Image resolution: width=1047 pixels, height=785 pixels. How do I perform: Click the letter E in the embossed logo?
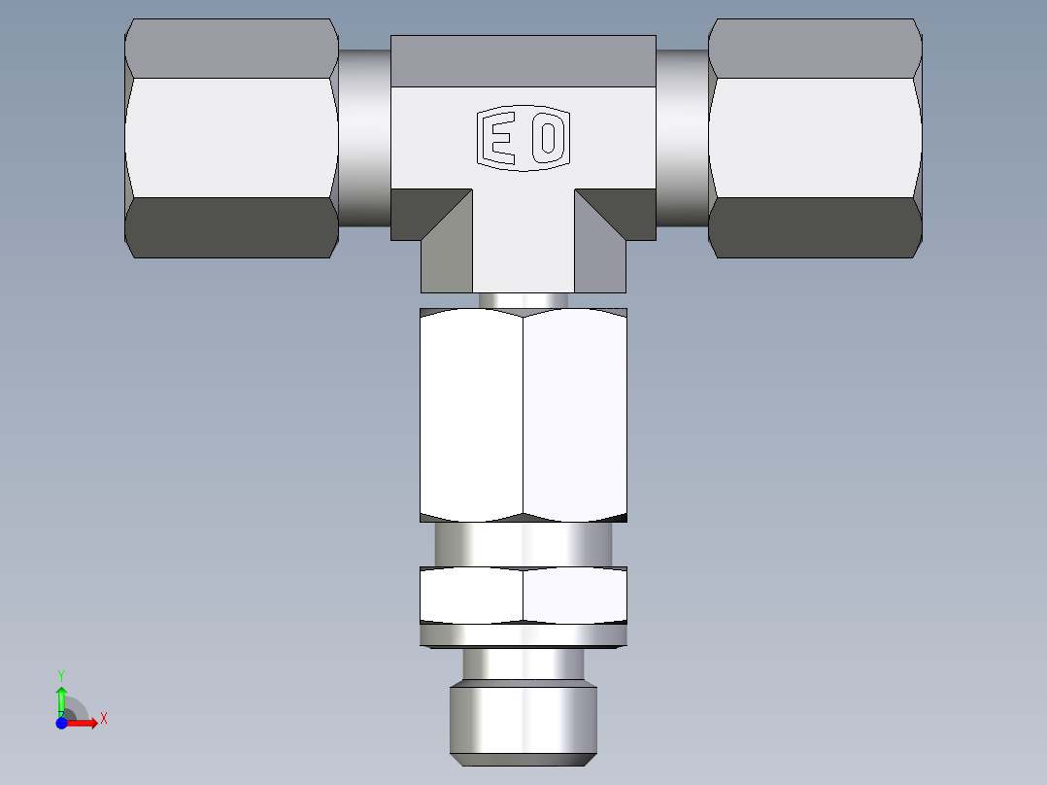click(x=501, y=139)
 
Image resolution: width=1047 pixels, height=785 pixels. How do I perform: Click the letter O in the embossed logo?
click(x=547, y=139)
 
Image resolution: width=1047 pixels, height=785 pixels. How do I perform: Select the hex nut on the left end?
click(x=231, y=138)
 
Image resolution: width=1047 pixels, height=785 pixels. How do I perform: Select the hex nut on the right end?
click(x=815, y=138)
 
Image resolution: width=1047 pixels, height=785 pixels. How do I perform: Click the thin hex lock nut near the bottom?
click(x=523, y=596)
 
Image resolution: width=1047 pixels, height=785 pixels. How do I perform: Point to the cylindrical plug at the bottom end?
click(x=523, y=719)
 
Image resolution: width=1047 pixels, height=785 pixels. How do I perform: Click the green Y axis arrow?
click(x=61, y=698)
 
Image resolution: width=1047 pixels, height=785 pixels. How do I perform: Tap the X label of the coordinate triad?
click(x=103, y=719)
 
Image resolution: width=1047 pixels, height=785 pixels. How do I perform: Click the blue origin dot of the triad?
click(x=61, y=723)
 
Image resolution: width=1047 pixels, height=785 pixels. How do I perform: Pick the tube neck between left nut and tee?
click(x=364, y=138)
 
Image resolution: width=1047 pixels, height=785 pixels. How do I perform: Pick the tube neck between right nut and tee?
click(x=682, y=138)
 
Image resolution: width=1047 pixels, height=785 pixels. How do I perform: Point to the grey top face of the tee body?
click(x=523, y=60)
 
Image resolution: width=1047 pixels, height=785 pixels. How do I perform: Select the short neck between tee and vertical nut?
click(x=523, y=300)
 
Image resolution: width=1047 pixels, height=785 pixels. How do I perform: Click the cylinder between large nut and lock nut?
click(x=523, y=544)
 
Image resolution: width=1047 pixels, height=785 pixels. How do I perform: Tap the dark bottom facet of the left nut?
click(x=231, y=228)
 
